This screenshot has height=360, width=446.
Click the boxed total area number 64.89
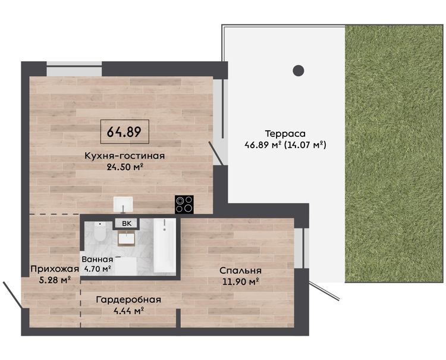[124, 132]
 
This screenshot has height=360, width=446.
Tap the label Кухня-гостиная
[125, 156]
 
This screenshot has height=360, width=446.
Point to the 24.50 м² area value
[125, 167]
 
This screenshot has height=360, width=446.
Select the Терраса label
[285, 134]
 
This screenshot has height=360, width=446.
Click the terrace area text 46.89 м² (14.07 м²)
[285, 145]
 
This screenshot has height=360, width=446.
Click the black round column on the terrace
[299, 70]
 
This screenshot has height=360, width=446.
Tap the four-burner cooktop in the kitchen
[184, 204]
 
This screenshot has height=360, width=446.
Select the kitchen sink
[123, 204]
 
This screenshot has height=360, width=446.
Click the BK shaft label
[127, 224]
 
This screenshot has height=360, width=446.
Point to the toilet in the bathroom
[100, 231]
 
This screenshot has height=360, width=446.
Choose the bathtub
[164, 246]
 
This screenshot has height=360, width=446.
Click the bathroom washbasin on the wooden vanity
[127, 239]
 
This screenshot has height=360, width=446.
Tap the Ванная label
[98, 259]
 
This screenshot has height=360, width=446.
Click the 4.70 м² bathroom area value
[98, 268]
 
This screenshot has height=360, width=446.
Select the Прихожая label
[55, 269]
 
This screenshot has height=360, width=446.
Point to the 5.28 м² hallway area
[55, 280]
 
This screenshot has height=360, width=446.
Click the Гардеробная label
[128, 300]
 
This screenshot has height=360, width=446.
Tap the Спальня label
[241, 271]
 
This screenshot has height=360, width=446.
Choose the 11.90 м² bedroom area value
[241, 282]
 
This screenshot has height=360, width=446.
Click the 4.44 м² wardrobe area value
[128, 311]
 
